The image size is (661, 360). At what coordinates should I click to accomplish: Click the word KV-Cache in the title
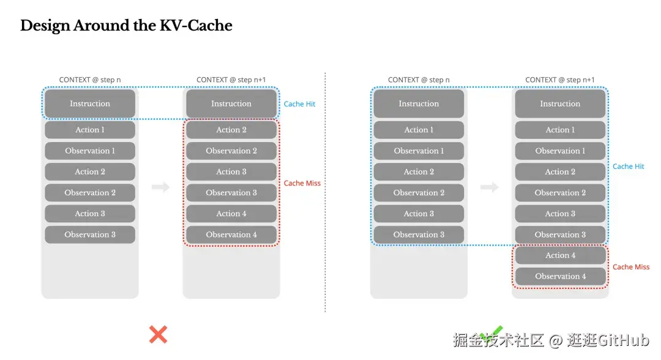[196, 25]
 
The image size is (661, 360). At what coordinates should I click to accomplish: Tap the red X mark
[158, 335]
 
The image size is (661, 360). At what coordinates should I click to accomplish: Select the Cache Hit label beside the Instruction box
[299, 103]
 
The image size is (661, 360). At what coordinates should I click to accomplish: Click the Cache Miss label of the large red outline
[302, 183]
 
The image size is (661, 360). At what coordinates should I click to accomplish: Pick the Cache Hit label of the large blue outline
[628, 167]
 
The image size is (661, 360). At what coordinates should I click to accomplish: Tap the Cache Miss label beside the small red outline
[630, 267]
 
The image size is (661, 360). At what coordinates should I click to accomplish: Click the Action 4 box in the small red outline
[560, 255]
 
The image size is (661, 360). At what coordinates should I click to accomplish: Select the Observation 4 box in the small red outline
[560, 276]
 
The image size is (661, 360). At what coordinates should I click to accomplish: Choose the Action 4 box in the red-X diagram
[231, 214]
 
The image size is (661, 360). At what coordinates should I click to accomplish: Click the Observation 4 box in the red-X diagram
[231, 234]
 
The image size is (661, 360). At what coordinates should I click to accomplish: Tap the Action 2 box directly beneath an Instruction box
[231, 130]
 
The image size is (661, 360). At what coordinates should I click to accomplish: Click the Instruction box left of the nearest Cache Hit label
[231, 103]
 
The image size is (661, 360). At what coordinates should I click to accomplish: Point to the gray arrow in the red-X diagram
[160, 187]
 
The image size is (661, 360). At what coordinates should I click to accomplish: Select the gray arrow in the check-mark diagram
[490, 187]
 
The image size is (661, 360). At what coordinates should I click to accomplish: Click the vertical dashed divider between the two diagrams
[325, 192]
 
